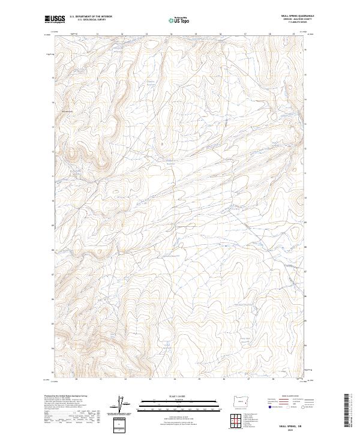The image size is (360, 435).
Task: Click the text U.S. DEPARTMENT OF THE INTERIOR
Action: click(x=91, y=16)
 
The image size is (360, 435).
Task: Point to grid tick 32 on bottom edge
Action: click(x=125, y=379)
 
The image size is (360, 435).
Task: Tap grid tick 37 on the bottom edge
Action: click(x=248, y=379)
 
